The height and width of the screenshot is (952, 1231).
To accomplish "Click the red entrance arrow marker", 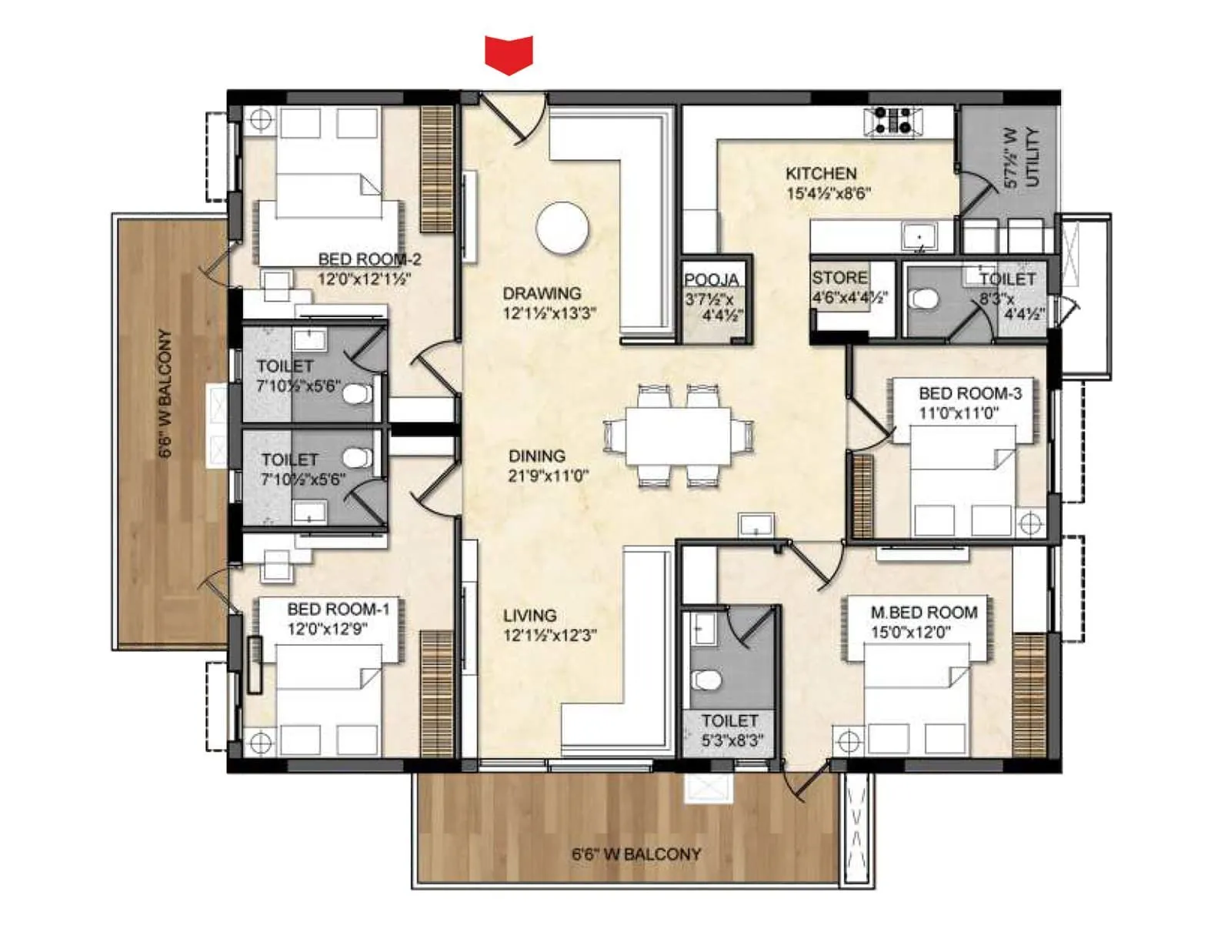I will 509,54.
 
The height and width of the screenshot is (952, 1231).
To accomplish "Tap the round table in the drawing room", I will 562,228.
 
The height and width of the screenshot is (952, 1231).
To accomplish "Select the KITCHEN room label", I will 821,174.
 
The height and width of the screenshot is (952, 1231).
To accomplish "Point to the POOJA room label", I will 712,280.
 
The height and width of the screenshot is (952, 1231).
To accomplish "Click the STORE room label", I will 839,278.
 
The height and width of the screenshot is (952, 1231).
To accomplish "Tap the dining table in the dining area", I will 678,436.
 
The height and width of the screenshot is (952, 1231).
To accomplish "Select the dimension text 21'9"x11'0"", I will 548,476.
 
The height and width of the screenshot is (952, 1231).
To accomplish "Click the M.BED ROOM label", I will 924,613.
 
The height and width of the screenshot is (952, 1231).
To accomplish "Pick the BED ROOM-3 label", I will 969,393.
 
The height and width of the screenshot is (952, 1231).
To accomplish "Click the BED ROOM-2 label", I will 369,259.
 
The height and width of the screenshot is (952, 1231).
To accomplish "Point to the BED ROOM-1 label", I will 339,610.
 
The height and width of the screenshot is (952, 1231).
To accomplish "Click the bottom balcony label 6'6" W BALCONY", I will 636,854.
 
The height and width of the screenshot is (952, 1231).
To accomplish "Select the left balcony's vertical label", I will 165,394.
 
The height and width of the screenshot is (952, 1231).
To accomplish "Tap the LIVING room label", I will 529,616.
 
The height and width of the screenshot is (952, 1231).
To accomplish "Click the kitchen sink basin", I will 919,235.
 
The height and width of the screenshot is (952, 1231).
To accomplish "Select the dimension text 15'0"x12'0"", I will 912,633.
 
